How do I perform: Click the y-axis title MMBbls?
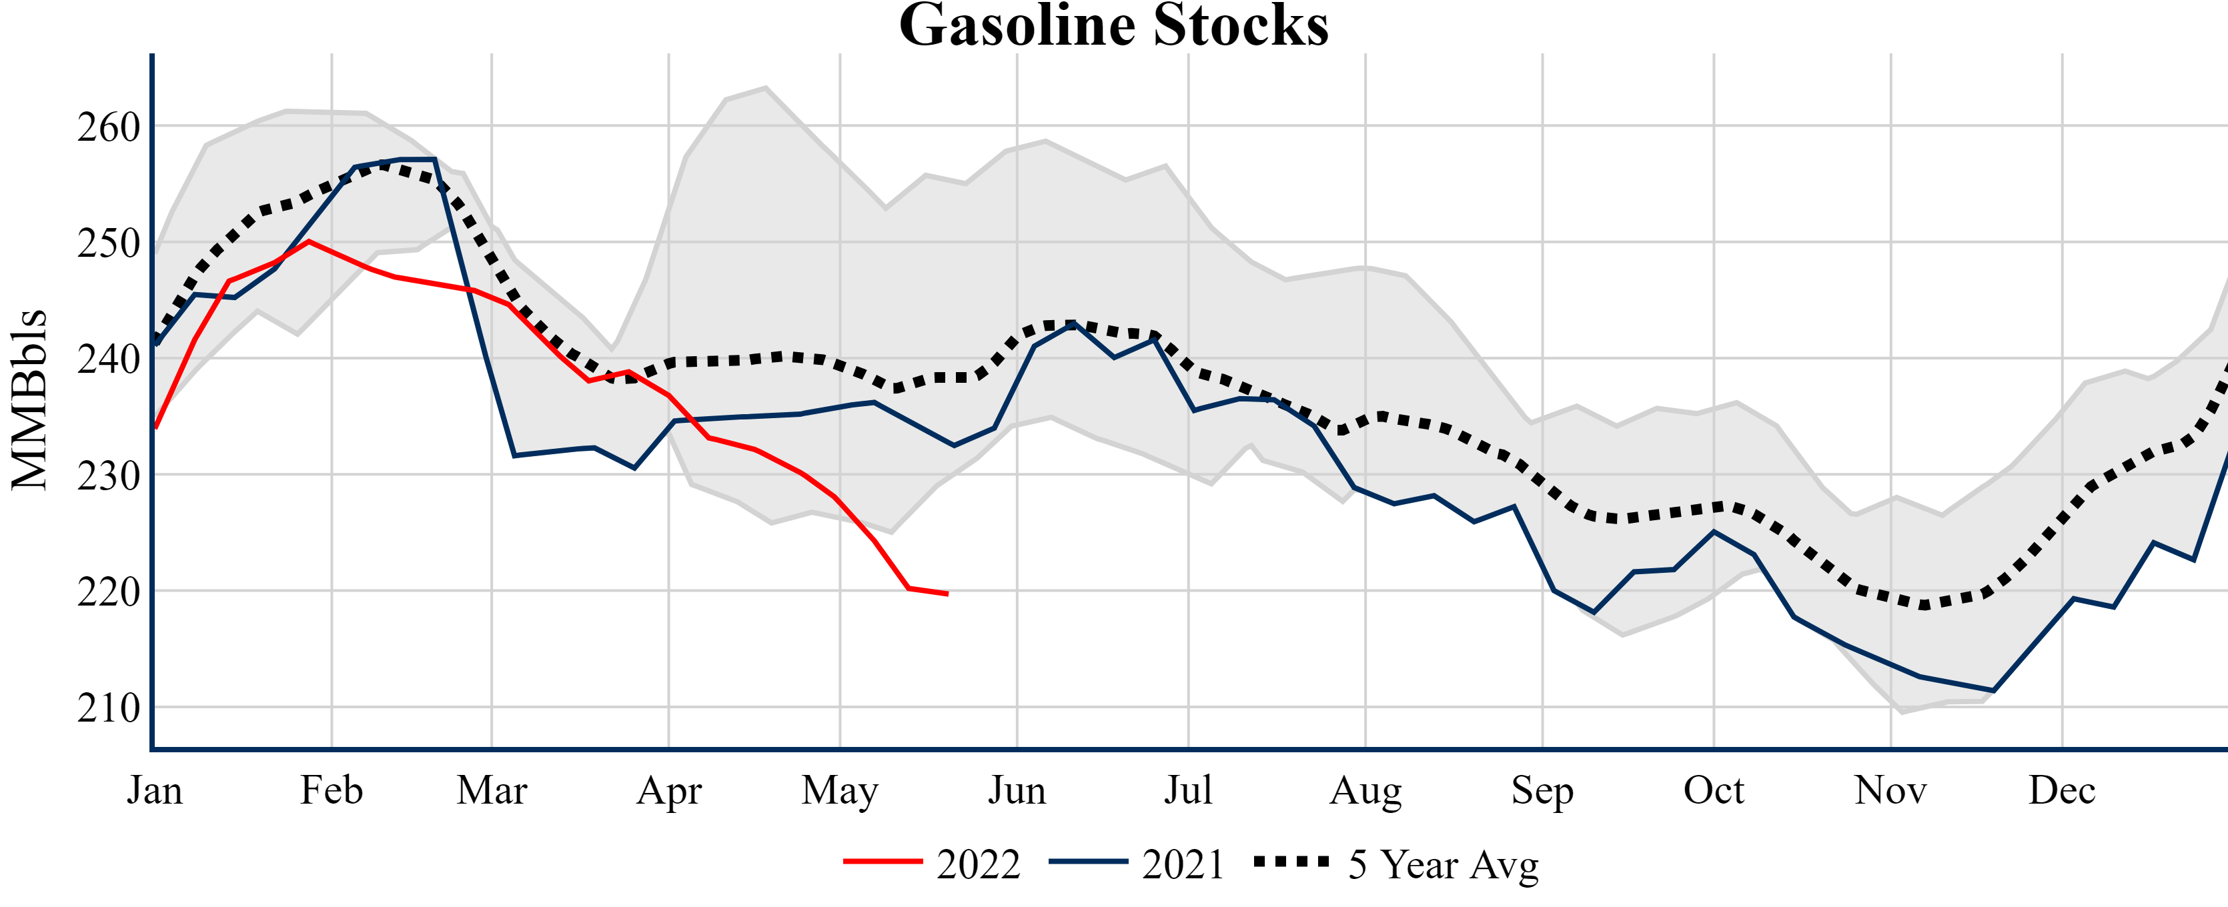[x=29, y=399]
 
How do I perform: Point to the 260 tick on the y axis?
[x=108, y=127]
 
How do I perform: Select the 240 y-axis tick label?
[x=108, y=359]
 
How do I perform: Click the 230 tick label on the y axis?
[x=108, y=476]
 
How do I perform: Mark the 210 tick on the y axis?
[x=108, y=708]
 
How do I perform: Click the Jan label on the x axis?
[x=155, y=790]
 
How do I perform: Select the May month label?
[x=839, y=790]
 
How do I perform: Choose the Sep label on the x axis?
[x=1542, y=790]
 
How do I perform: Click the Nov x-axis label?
[x=1890, y=790]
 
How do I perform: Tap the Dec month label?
[x=2061, y=790]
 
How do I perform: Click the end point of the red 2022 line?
[x=947, y=594]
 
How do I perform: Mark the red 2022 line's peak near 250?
[x=309, y=241]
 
